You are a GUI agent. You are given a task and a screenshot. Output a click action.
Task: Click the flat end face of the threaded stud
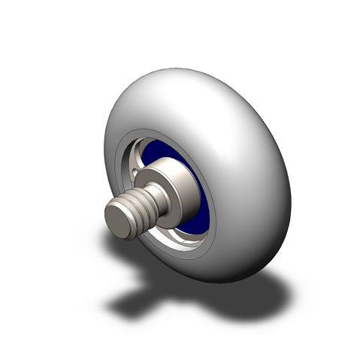(119, 222)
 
